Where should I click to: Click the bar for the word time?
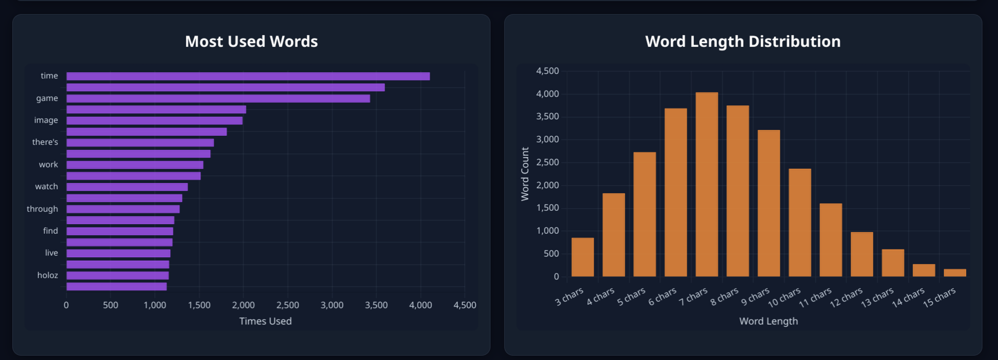[248, 76]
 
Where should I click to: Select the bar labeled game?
[218, 99]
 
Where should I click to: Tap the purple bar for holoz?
[117, 276]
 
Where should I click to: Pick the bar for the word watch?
[127, 187]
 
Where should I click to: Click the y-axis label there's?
[45, 142]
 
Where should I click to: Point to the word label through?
[42, 209]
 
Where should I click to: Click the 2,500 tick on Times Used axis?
[288, 305]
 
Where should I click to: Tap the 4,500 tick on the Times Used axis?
[465, 305]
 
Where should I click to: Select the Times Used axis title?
[265, 321]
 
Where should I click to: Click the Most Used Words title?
[251, 41]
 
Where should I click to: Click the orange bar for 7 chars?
[706, 184]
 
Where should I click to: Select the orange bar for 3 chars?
[582, 257]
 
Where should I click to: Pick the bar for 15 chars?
[955, 273]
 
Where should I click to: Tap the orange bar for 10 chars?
[799, 223]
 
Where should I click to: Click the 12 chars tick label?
[846, 298]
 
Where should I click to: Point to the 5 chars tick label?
[631, 297]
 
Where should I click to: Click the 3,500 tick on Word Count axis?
[547, 116]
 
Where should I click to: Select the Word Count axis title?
[525, 174]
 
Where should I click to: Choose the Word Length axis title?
[768, 321]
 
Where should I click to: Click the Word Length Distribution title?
[743, 41]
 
